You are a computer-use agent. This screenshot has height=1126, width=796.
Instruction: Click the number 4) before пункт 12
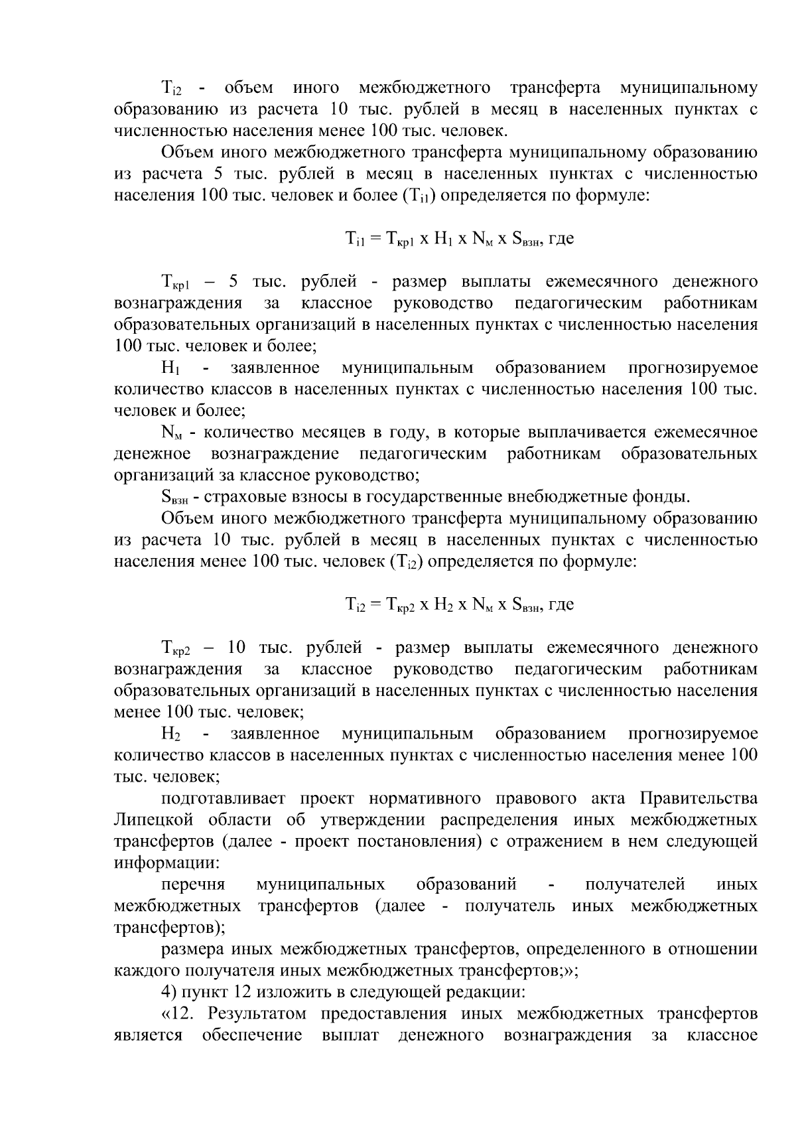(x=169, y=993)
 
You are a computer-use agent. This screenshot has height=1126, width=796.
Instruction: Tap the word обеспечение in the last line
(x=252, y=1036)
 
